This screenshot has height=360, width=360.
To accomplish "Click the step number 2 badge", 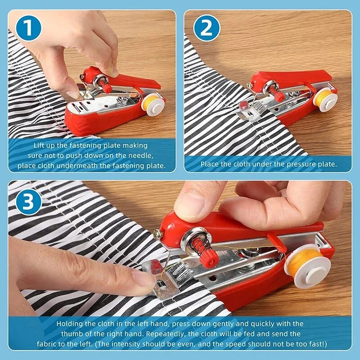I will tap(206, 28).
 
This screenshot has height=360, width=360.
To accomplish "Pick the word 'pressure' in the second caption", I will tap(291, 164).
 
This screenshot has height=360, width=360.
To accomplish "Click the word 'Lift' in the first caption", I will tap(40, 146).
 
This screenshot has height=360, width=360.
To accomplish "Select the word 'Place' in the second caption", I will tap(210, 164).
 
